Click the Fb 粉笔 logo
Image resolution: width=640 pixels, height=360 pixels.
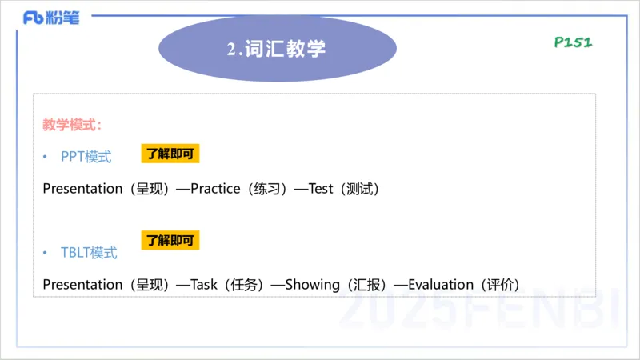tap(51, 18)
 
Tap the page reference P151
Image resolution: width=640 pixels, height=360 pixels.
tap(573, 42)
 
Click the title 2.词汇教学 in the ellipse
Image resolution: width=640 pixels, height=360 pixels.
tap(276, 49)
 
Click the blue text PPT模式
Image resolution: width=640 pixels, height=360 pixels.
tap(86, 157)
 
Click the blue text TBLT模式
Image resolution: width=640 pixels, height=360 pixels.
tap(89, 253)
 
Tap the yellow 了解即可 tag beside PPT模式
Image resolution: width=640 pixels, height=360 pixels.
tap(170, 154)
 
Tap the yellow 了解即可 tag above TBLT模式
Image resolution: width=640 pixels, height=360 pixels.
tap(170, 240)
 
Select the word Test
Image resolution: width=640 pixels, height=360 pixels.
tap(320, 189)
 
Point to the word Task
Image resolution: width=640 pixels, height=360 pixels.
tap(204, 284)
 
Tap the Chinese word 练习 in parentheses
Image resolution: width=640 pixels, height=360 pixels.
tap(266, 189)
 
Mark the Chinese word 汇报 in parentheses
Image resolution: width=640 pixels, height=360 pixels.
tap(369, 284)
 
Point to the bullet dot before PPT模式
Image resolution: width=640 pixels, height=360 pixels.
tap(46, 158)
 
